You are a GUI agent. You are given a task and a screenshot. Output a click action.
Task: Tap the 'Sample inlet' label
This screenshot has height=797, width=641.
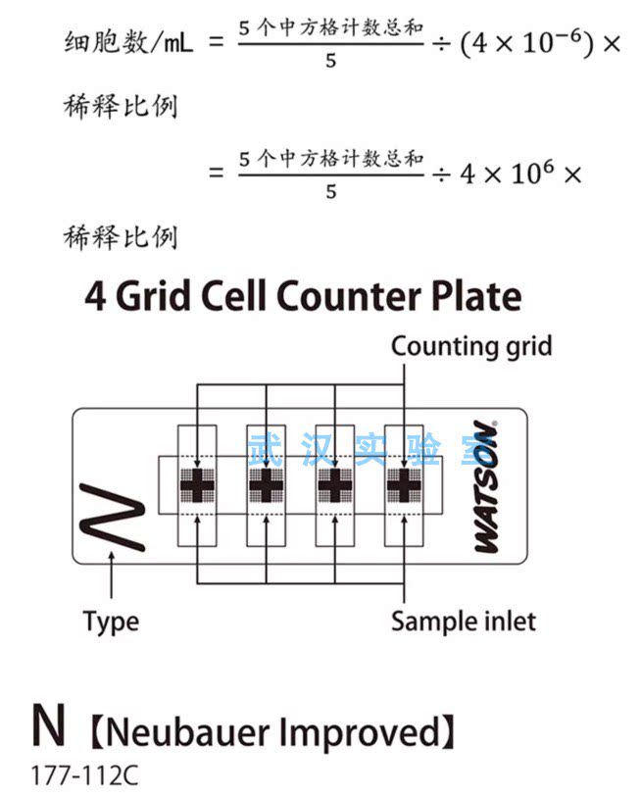(x=463, y=622)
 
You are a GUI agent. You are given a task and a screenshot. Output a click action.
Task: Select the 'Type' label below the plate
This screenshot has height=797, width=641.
(x=111, y=623)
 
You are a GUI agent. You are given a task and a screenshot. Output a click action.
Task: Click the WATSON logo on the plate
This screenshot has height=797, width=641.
(x=485, y=486)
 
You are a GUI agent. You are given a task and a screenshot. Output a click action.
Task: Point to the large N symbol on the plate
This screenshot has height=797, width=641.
(x=113, y=517)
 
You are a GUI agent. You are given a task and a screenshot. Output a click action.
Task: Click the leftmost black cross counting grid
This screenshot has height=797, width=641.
(x=197, y=485)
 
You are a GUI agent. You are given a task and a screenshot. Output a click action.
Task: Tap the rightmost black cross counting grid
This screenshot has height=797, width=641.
(x=404, y=485)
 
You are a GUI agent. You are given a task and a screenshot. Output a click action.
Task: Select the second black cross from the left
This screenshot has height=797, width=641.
(x=266, y=485)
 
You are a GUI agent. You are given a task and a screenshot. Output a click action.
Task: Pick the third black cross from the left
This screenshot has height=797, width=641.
(x=335, y=485)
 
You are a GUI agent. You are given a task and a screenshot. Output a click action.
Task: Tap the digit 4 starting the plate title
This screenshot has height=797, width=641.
(x=95, y=296)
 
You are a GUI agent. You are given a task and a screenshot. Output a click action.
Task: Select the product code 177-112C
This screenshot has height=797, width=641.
(x=84, y=775)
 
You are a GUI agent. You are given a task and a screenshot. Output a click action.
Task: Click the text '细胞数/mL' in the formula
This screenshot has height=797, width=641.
(x=128, y=42)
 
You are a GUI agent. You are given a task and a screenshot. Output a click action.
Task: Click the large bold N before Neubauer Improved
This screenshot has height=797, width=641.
(x=49, y=724)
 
